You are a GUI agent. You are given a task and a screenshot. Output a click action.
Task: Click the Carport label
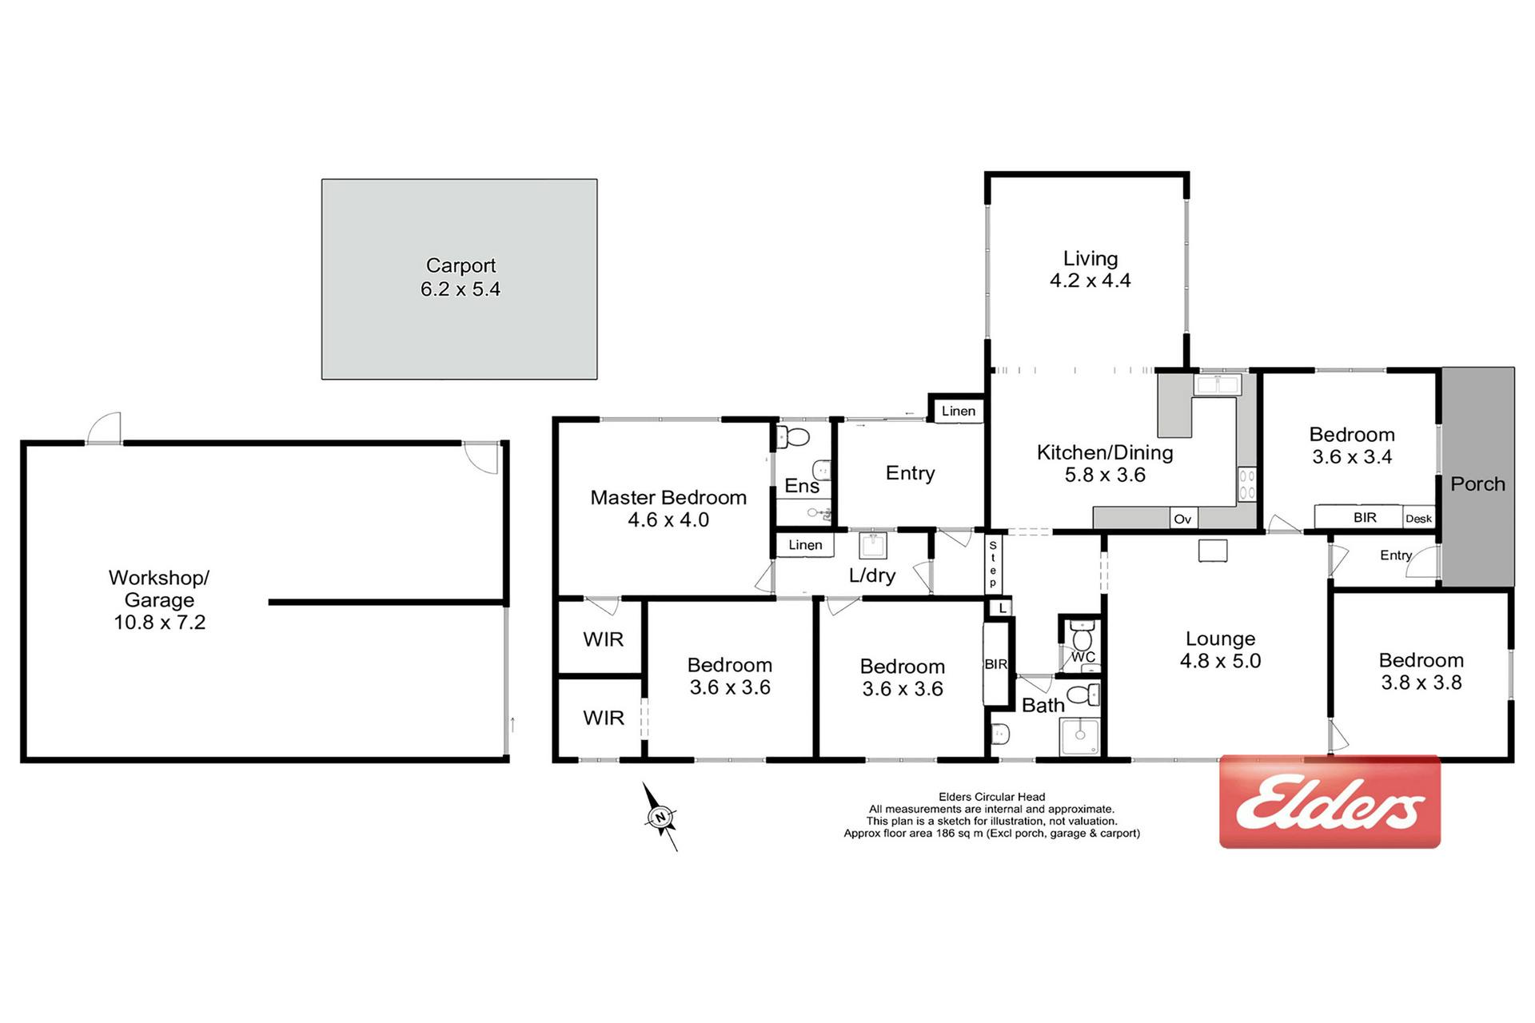pos(460,265)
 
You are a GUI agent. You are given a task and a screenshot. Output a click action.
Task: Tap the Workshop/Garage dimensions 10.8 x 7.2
pos(160,623)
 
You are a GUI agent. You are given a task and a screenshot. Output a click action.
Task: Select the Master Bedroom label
pos(668,497)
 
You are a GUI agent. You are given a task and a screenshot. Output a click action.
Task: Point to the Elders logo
pos(1330,802)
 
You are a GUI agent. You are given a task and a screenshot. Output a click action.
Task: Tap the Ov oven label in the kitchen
pos(1182,519)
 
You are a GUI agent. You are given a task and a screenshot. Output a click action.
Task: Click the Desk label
pos(1418,519)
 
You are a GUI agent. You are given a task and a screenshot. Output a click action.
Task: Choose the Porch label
pos(1477,484)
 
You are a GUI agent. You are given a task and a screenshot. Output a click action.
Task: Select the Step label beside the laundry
pos(993,564)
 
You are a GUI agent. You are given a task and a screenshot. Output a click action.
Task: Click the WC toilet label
pos(1083,657)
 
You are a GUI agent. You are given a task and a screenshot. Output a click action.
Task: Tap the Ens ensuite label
pos(802,486)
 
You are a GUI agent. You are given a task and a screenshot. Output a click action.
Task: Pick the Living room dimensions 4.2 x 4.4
pos(1090,281)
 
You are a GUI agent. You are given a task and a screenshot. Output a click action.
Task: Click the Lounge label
pos(1220,639)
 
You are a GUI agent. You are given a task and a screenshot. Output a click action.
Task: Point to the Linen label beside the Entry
pos(959,411)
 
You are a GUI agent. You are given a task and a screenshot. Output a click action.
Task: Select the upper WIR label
pos(604,639)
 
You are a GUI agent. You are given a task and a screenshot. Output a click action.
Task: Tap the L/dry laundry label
pos(872,575)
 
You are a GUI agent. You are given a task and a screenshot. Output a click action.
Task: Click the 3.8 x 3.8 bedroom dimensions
pos(1421,683)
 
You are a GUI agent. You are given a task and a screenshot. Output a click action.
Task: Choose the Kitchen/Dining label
pos(1105,452)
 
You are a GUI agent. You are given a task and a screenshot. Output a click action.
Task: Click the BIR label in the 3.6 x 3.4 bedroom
pos(1365,518)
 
